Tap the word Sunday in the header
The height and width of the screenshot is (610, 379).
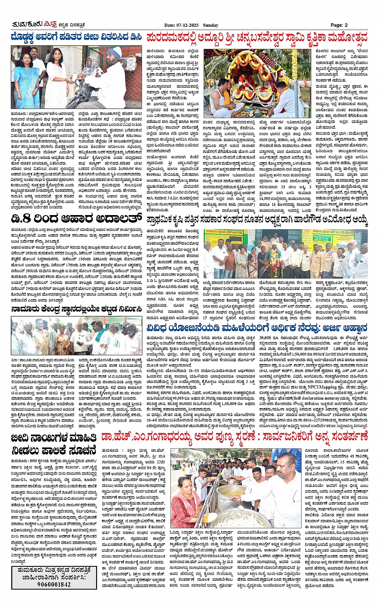point(211,25)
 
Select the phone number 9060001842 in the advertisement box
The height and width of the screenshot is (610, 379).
point(54,584)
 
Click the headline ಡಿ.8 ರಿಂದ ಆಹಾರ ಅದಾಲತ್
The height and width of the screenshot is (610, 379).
point(76,219)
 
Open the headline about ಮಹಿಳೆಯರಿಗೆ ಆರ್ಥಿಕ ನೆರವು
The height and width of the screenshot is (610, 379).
point(257,327)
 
